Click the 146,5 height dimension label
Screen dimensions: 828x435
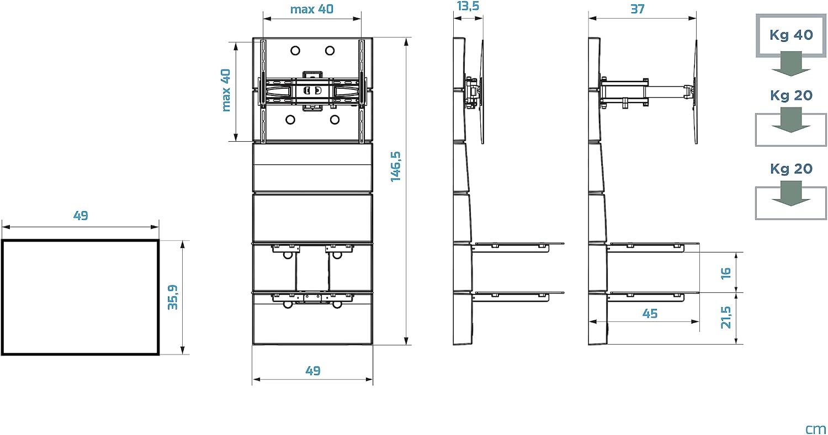click(x=396, y=167)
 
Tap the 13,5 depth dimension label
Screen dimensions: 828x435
click(x=468, y=6)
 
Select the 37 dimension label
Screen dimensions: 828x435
click(x=637, y=9)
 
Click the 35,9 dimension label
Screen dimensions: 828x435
click(x=173, y=297)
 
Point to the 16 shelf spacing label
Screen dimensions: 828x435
click(x=726, y=273)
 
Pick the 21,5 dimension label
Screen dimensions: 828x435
click(x=726, y=318)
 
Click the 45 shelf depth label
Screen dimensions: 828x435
click(x=650, y=314)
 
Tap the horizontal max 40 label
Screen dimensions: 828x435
click(x=312, y=9)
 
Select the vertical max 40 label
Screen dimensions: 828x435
click(x=225, y=90)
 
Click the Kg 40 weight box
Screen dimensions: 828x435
click(x=790, y=35)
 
